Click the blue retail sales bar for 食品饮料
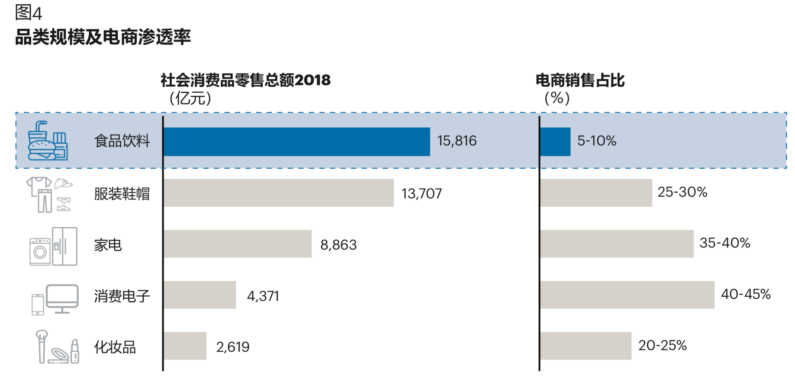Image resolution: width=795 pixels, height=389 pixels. [x=297, y=142]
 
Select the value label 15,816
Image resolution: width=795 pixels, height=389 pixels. [x=457, y=141]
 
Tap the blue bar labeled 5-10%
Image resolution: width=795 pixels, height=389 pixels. [x=555, y=142]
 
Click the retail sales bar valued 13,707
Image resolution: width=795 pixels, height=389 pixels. [x=278, y=193]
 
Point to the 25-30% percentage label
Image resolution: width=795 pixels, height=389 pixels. [x=682, y=192]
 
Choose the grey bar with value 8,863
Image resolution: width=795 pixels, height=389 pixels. [x=238, y=244]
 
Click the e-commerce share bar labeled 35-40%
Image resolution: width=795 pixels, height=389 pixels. [x=617, y=244]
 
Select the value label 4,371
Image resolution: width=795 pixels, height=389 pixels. [x=263, y=296]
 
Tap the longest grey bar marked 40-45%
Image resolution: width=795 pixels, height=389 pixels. [x=627, y=295]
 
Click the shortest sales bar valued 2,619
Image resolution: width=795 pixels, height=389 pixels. [x=185, y=346]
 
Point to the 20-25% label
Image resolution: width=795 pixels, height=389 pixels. [x=662, y=346]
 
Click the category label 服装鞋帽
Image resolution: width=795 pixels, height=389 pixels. [x=122, y=194]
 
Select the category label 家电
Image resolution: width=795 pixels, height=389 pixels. [x=108, y=245]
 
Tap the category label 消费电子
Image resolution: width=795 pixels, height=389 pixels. [x=122, y=296]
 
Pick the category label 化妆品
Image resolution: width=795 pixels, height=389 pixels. [x=115, y=347]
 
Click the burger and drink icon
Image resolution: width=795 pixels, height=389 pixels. [x=47, y=141]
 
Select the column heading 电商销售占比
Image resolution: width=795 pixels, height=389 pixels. [x=580, y=80]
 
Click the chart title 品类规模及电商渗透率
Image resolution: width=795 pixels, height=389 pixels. [x=103, y=37]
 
